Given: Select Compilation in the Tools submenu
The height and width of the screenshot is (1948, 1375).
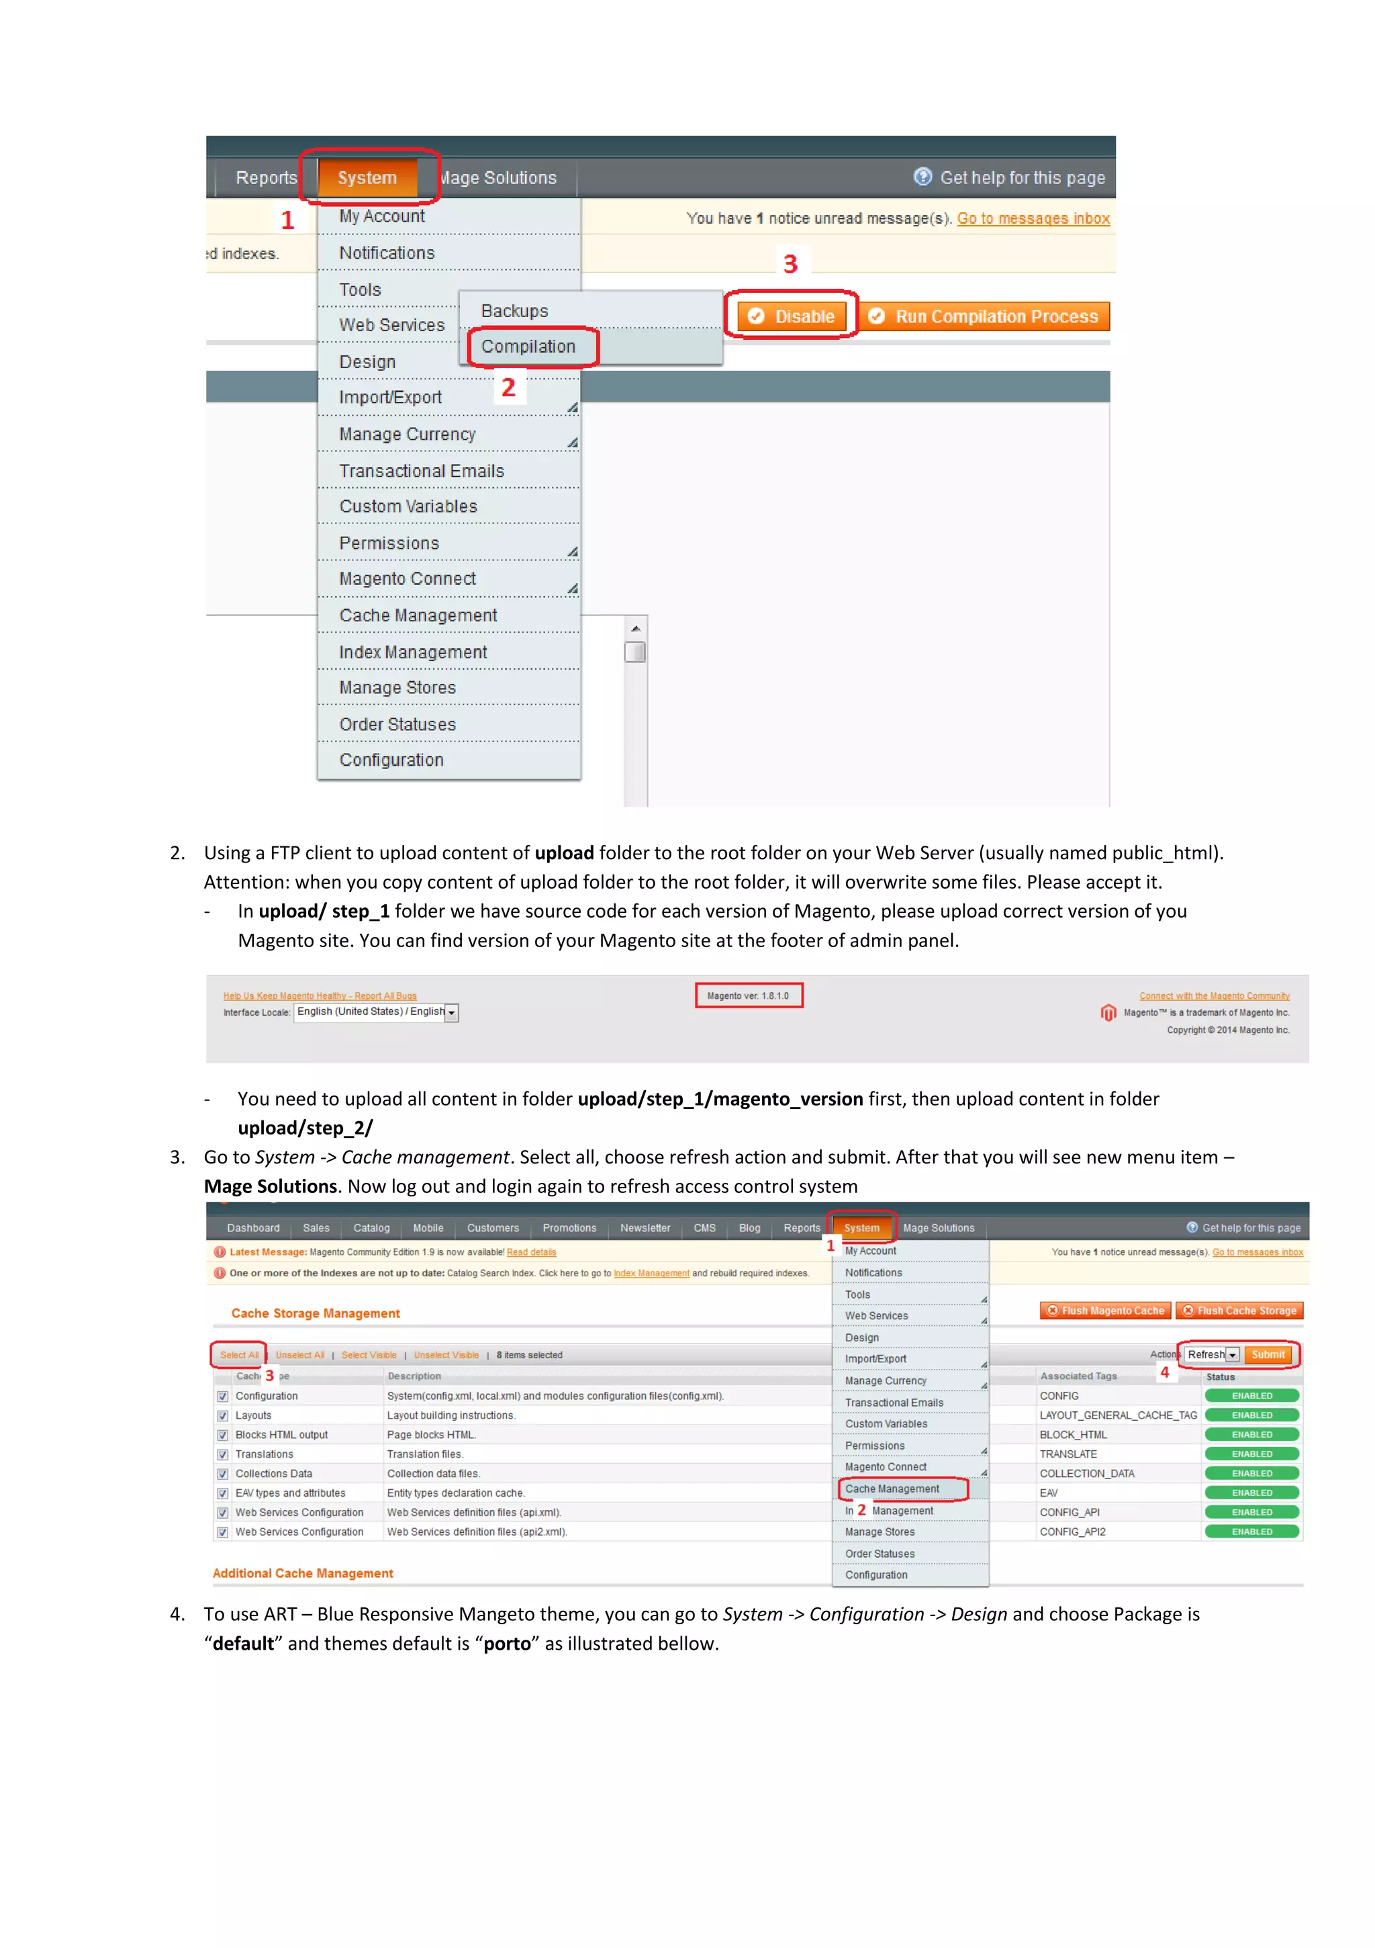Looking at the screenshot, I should pyautogui.click(x=528, y=346).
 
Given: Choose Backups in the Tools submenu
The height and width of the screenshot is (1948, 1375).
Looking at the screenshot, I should pyautogui.click(x=515, y=310).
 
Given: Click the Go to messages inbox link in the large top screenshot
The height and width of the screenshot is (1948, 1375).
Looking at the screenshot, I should pyautogui.click(x=1033, y=218).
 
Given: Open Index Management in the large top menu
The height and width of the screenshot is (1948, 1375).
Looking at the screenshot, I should pyautogui.click(x=413, y=652).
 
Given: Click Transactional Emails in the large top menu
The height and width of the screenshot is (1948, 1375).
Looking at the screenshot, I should pyautogui.click(x=422, y=471).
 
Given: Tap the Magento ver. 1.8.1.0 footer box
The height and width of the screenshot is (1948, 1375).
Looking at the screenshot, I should pyautogui.click(x=747, y=995).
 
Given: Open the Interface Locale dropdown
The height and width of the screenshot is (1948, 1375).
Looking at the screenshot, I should pyautogui.click(x=451, y=1012).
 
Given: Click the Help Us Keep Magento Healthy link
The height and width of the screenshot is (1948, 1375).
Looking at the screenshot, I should pyautogui.click(x=320, y=995).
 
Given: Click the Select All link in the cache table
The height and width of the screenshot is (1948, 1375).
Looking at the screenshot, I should pyautogui.click(x=238, y=1355).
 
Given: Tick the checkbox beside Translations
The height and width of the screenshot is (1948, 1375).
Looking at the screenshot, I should pyautogui.click(x=222, y=1454).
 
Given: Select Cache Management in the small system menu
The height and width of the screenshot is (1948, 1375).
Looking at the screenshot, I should pyautogui.click(x=892, y=1488).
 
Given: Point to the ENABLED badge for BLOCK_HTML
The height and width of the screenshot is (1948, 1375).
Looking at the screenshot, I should pyautogui.click(x=1251, y=1435).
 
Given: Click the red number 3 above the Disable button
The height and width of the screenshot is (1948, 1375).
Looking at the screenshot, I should pyautogui.click(x=790, y=264).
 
